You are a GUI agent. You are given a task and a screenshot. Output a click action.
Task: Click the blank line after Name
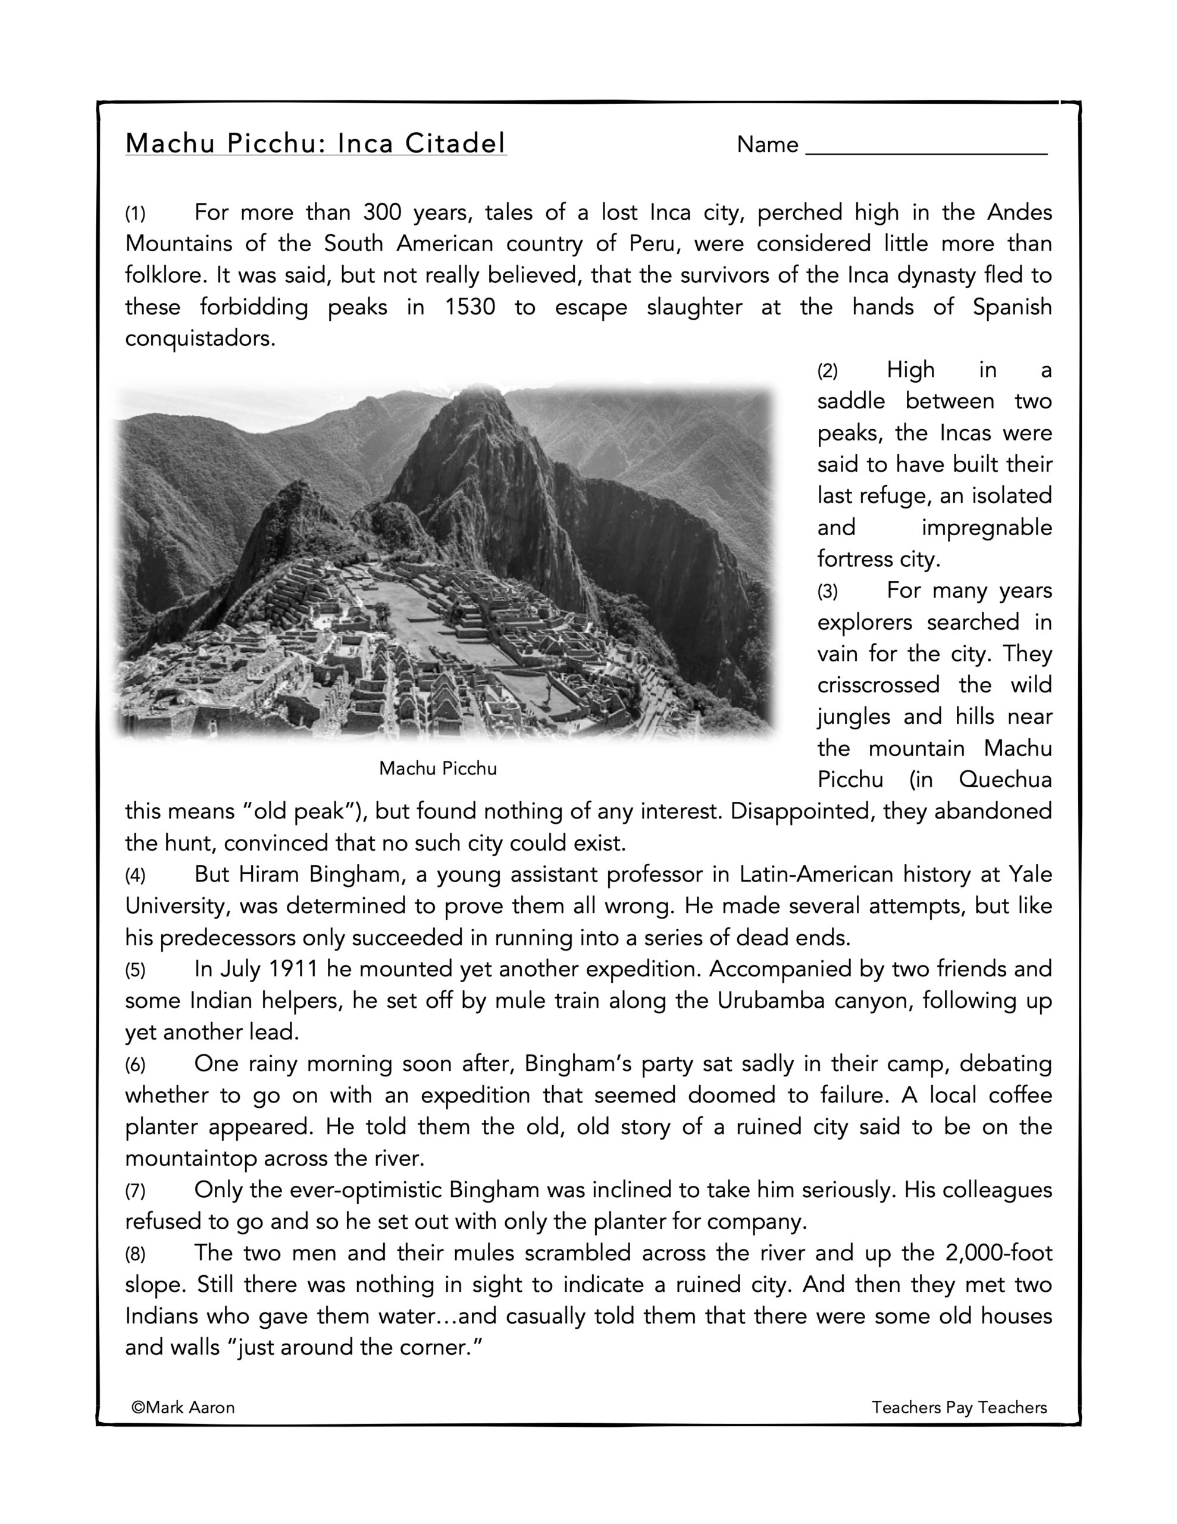[x=926, y=148]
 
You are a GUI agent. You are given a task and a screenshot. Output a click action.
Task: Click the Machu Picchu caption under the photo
[x=437, y=769]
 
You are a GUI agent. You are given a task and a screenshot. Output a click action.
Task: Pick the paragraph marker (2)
[x=828, y=370]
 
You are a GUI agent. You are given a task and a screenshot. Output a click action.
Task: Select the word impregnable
[x=987, y=527]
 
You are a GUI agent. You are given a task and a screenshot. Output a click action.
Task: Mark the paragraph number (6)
[x=135, y=1065]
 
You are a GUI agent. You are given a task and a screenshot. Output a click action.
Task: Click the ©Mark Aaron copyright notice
[x=183, y=1407]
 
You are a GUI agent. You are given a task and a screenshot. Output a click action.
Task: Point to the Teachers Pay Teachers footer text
[x=959, y=1407]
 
